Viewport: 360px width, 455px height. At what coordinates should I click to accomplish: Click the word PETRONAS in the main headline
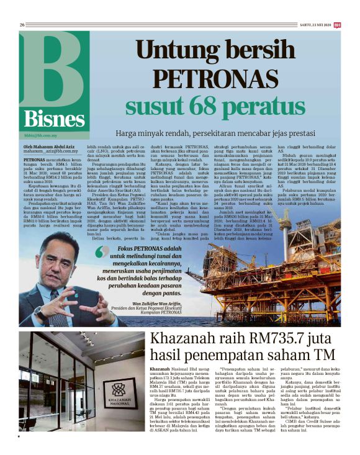click(199, 79)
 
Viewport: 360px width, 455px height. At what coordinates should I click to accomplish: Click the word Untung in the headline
click(172, 52)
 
